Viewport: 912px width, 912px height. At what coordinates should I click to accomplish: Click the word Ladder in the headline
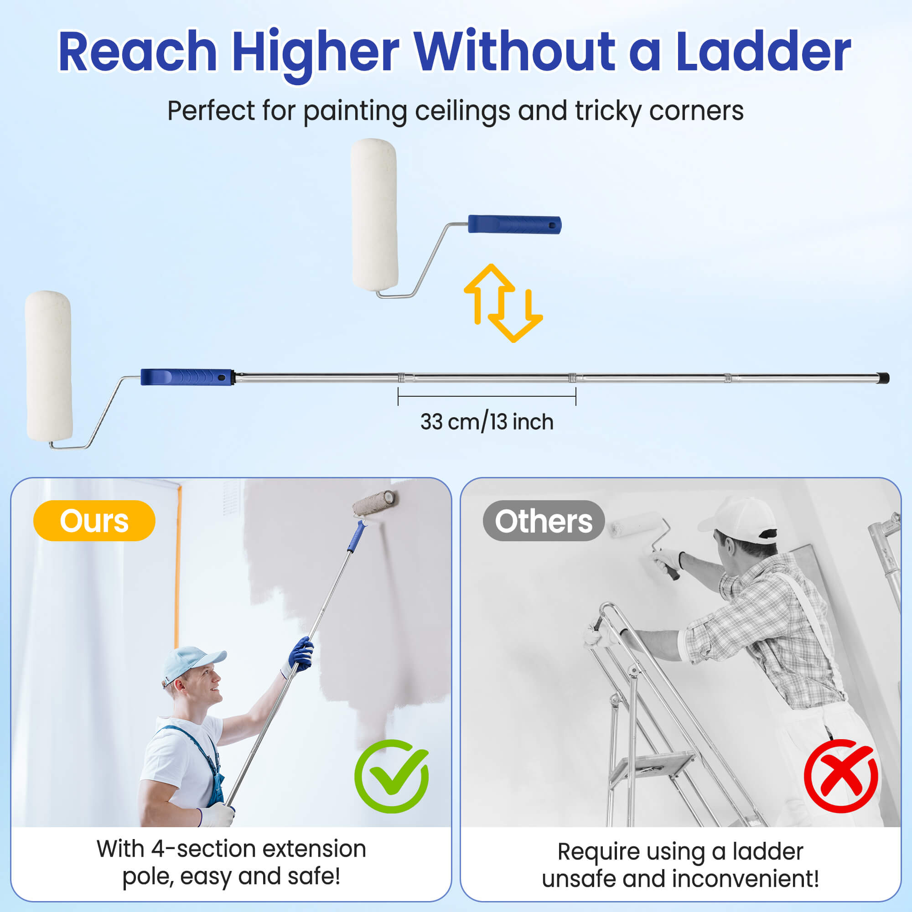[x=763, y=51]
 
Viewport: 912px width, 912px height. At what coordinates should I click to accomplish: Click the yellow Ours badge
[x=94, y=521]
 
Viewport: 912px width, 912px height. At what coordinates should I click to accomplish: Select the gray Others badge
[x=544, y=521]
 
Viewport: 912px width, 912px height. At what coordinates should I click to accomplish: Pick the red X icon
[x=841, y=776]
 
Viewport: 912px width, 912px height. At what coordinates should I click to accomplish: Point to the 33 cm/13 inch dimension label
[x=487, y=421]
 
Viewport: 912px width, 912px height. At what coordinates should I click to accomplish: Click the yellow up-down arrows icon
[x=503, y=303]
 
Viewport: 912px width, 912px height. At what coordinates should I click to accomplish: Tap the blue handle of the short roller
[x=514, y=224]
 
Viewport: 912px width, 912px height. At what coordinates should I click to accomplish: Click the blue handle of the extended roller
[x=187, y=377]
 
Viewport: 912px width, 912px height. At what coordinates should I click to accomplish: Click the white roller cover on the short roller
[x=374, y=215]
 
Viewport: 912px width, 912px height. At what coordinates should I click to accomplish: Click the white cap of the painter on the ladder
[x=739, y=520]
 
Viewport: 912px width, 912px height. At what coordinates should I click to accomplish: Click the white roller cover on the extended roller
[x=49, y=366]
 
